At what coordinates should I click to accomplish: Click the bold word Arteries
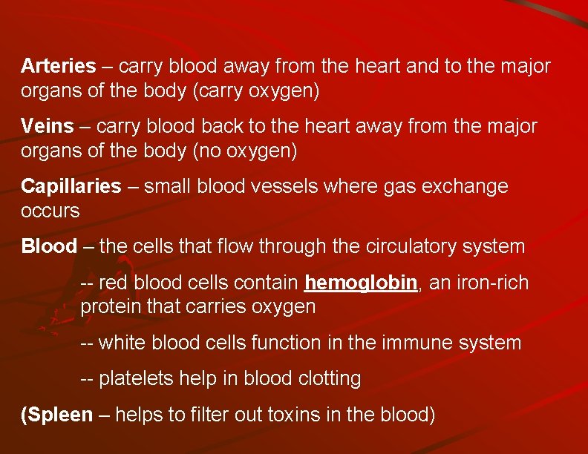coord(58,66)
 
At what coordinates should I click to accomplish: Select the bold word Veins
coord(48,127)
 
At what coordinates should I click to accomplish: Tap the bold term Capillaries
coord(71,186)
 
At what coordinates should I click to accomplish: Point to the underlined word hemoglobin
coord(361,283)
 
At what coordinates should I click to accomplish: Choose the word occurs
coord(50,211)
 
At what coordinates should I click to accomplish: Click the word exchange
coord(465,186)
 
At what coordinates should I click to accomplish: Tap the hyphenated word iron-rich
coord(494,283)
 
